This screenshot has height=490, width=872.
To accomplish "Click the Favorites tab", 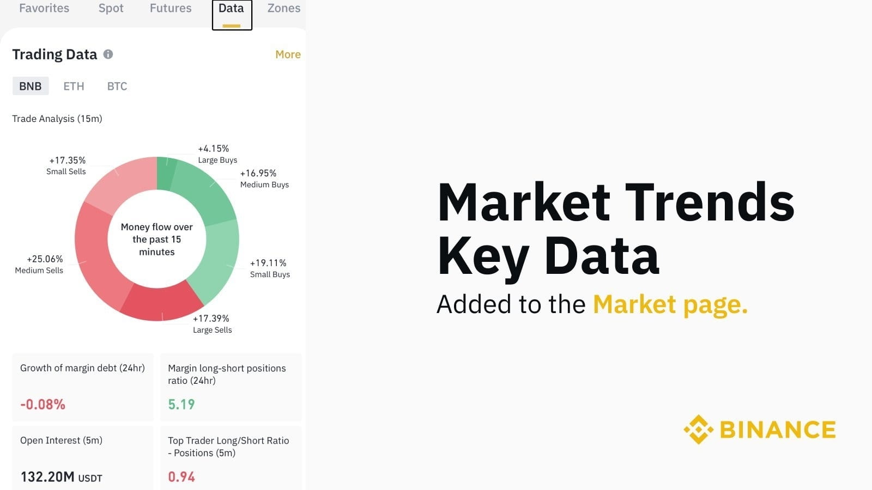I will [x=44, y=8].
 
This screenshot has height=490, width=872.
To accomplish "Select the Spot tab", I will [x=111, y=8].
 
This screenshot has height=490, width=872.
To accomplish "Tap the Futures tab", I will [x=171, y=8].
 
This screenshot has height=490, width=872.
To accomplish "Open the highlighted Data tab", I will [x=232, y=9].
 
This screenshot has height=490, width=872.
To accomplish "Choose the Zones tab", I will [x=283, y=8].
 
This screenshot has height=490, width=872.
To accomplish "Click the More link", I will [x=288, y=54].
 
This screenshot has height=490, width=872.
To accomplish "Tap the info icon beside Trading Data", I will [x=108, y=54].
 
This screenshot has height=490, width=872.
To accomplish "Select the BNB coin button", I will [x=31, y=86].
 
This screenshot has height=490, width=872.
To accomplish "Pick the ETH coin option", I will [x=74, y=86].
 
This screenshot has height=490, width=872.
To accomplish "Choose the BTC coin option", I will [x=117, y=86].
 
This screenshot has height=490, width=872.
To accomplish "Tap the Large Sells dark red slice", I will [x=161, y=302].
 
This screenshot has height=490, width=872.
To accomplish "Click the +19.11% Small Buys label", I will [x=269, y=268].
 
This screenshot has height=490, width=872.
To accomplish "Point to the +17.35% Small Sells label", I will [x=66, y=166].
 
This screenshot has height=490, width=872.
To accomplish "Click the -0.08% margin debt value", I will [x=43, y=405].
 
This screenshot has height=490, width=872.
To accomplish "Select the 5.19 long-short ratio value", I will [x=181, y=405].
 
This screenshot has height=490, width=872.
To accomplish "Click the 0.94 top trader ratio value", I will [x=181, y=477].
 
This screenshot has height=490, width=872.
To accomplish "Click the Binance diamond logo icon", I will [x=698, y=430].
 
